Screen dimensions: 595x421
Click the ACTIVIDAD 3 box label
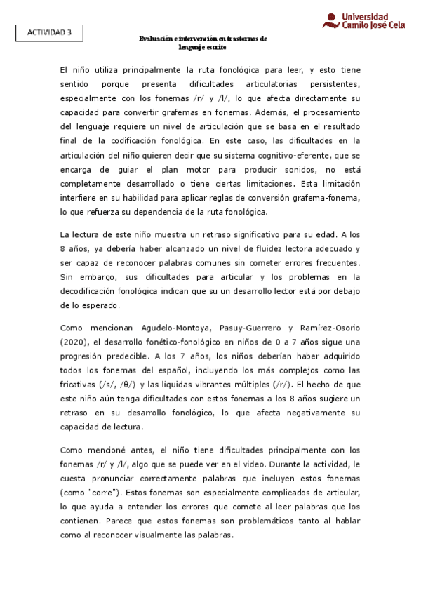click(x=49, y=33)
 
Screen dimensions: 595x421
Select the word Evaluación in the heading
click(x=156, y=39)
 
